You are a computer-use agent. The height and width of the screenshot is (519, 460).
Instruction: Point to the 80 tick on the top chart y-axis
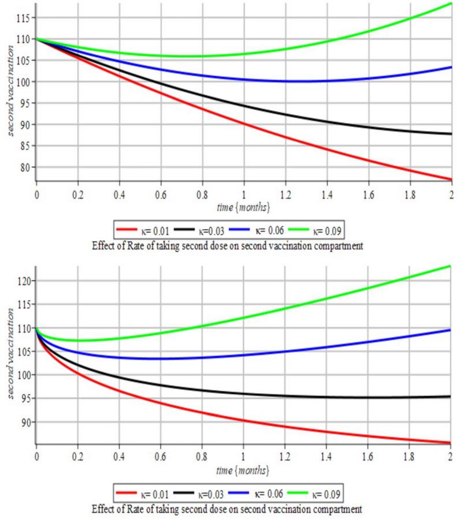point(24,167)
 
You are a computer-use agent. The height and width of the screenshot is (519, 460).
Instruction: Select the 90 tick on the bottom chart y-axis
point(24,422)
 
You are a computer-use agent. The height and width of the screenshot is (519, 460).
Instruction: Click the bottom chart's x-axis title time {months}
point(243,471)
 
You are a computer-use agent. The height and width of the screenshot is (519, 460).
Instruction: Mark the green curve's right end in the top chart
point(451,3)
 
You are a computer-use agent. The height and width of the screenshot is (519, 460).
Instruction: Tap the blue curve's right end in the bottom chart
point(451,330)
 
